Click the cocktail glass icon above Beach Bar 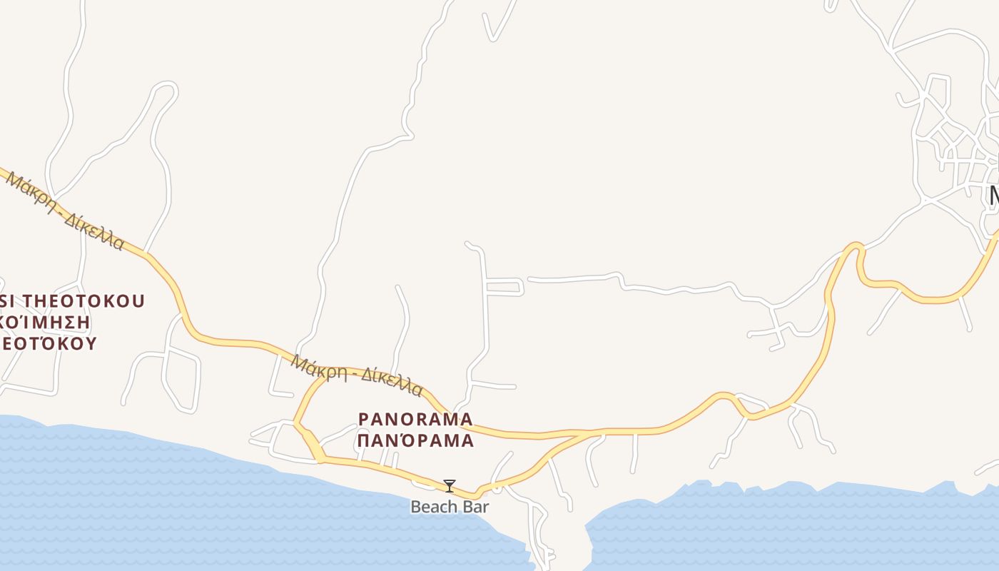coord(449,486)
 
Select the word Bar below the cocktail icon coord(474,507)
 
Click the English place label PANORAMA coord(415,418)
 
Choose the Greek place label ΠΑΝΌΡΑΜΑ coord(415,440)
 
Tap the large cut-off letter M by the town coord(993,195)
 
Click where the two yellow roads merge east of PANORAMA coord(587,433)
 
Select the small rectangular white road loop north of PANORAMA coord(505,287)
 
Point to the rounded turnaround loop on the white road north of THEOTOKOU coord(166,91)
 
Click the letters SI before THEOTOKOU coord(7,301)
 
